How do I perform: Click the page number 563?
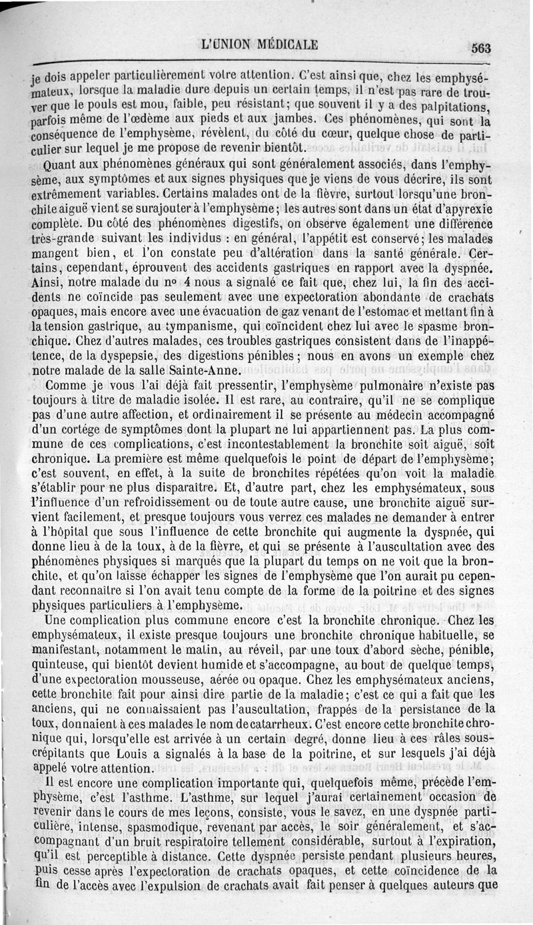(479, 47)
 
